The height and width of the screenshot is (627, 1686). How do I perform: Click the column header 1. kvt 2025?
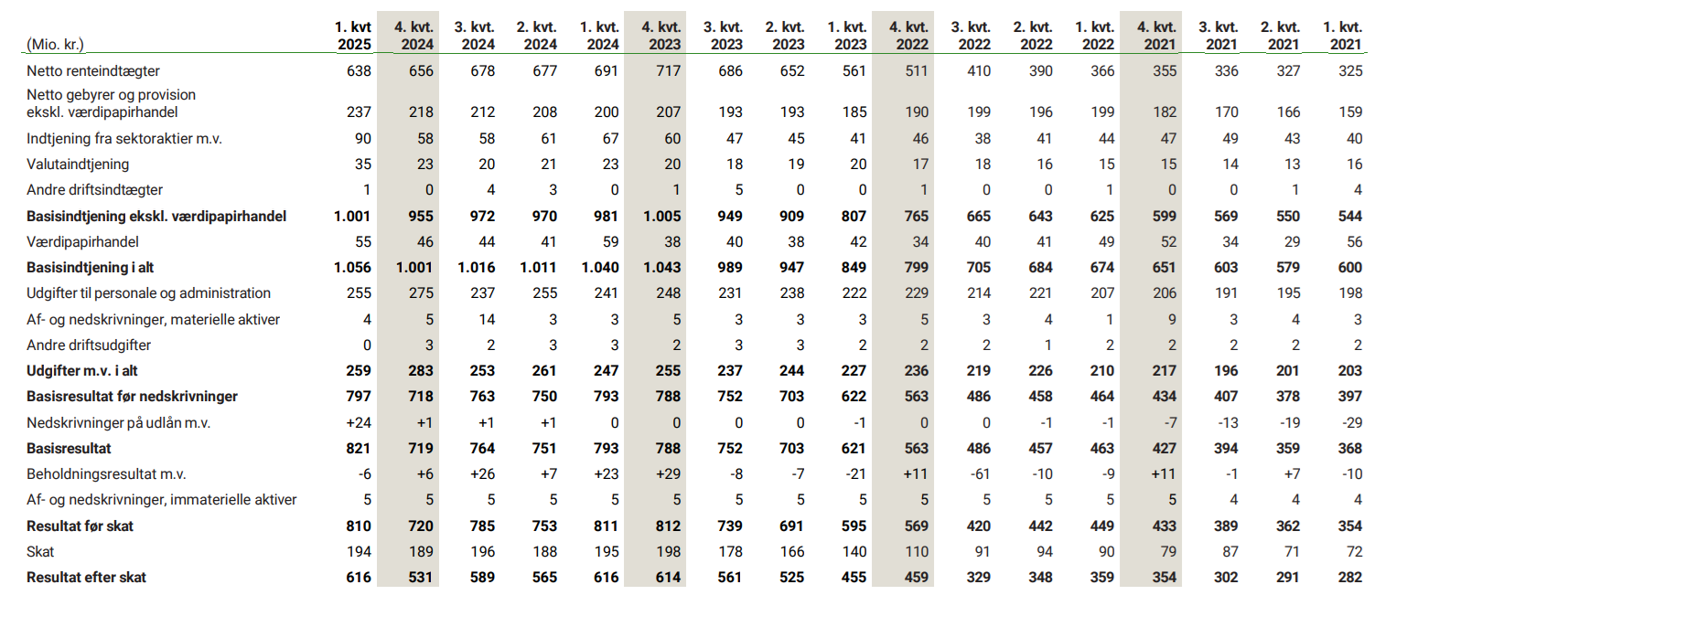353,36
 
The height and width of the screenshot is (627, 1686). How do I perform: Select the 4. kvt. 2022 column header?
908,36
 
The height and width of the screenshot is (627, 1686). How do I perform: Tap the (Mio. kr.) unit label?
55,44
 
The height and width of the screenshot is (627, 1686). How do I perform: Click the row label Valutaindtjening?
78,165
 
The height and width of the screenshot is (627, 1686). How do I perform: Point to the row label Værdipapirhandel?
82,242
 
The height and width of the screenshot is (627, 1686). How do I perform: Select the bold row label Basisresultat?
69,449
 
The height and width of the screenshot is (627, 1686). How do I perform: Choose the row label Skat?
40,552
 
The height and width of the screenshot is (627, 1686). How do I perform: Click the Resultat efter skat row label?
86,578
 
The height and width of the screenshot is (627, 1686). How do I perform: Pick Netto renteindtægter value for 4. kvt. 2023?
668,71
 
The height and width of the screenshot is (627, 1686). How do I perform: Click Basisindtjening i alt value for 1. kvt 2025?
352,268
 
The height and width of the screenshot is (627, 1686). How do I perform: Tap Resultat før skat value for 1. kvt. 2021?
1349,526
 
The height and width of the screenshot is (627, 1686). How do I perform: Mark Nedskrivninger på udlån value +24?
359,423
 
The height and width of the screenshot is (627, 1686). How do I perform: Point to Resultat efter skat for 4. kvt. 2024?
420,578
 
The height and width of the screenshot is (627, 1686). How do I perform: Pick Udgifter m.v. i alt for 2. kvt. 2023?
791,371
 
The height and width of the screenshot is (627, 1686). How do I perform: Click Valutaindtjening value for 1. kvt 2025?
362,165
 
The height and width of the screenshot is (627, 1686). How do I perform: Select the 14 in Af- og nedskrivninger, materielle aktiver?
487,320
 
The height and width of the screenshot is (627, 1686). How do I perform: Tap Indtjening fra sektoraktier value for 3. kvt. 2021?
1230,139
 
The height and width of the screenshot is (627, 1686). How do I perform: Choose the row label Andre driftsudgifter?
89,345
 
